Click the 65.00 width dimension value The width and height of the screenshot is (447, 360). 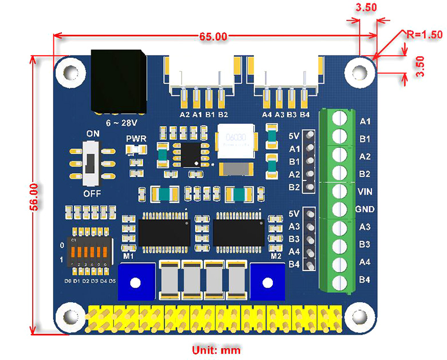coord(213,37)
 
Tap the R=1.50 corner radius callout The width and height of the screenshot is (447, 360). coord(424,34)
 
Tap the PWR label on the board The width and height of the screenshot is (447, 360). coord(136,139)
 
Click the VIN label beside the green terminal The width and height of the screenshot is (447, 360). coord(365,191)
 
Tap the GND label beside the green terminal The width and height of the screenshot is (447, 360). coord(365,209)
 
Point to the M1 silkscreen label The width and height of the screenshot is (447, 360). coord(128,256)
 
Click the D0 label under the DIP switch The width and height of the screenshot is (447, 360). coord(68,281)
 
